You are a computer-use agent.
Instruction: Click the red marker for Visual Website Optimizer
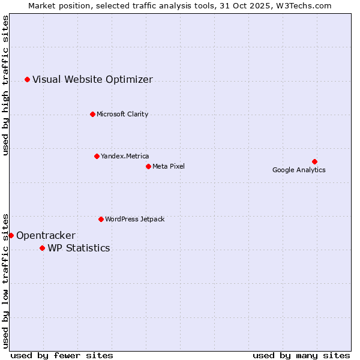27,79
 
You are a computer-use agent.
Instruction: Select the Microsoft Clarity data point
92,114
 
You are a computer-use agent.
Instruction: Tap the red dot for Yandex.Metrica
97,156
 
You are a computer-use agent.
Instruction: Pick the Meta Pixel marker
148,166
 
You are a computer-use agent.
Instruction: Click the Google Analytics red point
314,161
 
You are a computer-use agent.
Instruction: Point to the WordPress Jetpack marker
101,219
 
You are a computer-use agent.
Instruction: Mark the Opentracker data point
11,235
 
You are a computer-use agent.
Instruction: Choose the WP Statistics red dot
42,248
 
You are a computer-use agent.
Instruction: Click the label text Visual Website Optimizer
92,79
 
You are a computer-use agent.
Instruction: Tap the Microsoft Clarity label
122,114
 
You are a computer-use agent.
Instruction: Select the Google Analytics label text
299,170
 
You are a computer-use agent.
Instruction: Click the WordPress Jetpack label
134,219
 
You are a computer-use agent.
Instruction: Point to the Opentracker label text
46,235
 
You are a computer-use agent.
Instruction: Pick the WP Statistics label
79,248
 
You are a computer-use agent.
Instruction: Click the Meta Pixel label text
169,166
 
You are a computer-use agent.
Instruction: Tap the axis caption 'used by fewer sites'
62,355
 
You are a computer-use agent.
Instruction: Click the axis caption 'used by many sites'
301,355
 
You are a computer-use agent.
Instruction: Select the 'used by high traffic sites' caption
5,85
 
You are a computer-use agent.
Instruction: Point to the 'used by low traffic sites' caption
5,280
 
